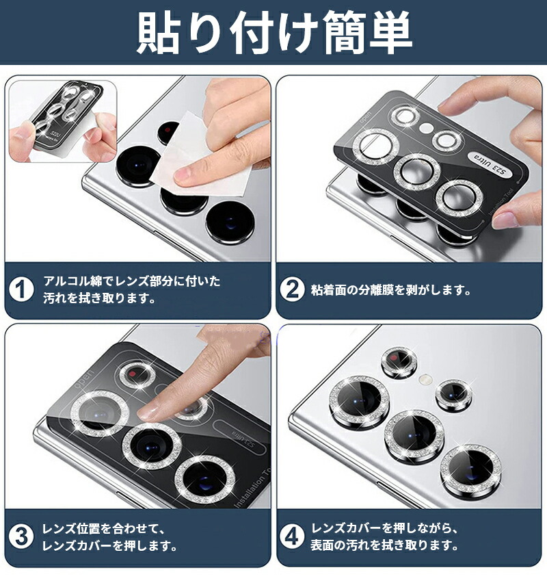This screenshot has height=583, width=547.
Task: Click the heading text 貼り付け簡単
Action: [x=273, y=32]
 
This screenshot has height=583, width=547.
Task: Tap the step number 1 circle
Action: [x=22, y=289]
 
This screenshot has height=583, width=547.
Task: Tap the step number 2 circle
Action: [x=293, y=289]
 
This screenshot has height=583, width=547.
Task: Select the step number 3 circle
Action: [x=22, y=537]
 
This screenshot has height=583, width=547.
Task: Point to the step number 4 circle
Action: [x=293, y=537]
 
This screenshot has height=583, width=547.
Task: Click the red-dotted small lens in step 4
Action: [x=398, y=361]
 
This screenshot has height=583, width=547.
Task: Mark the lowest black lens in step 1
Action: [x=229, y=222]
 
